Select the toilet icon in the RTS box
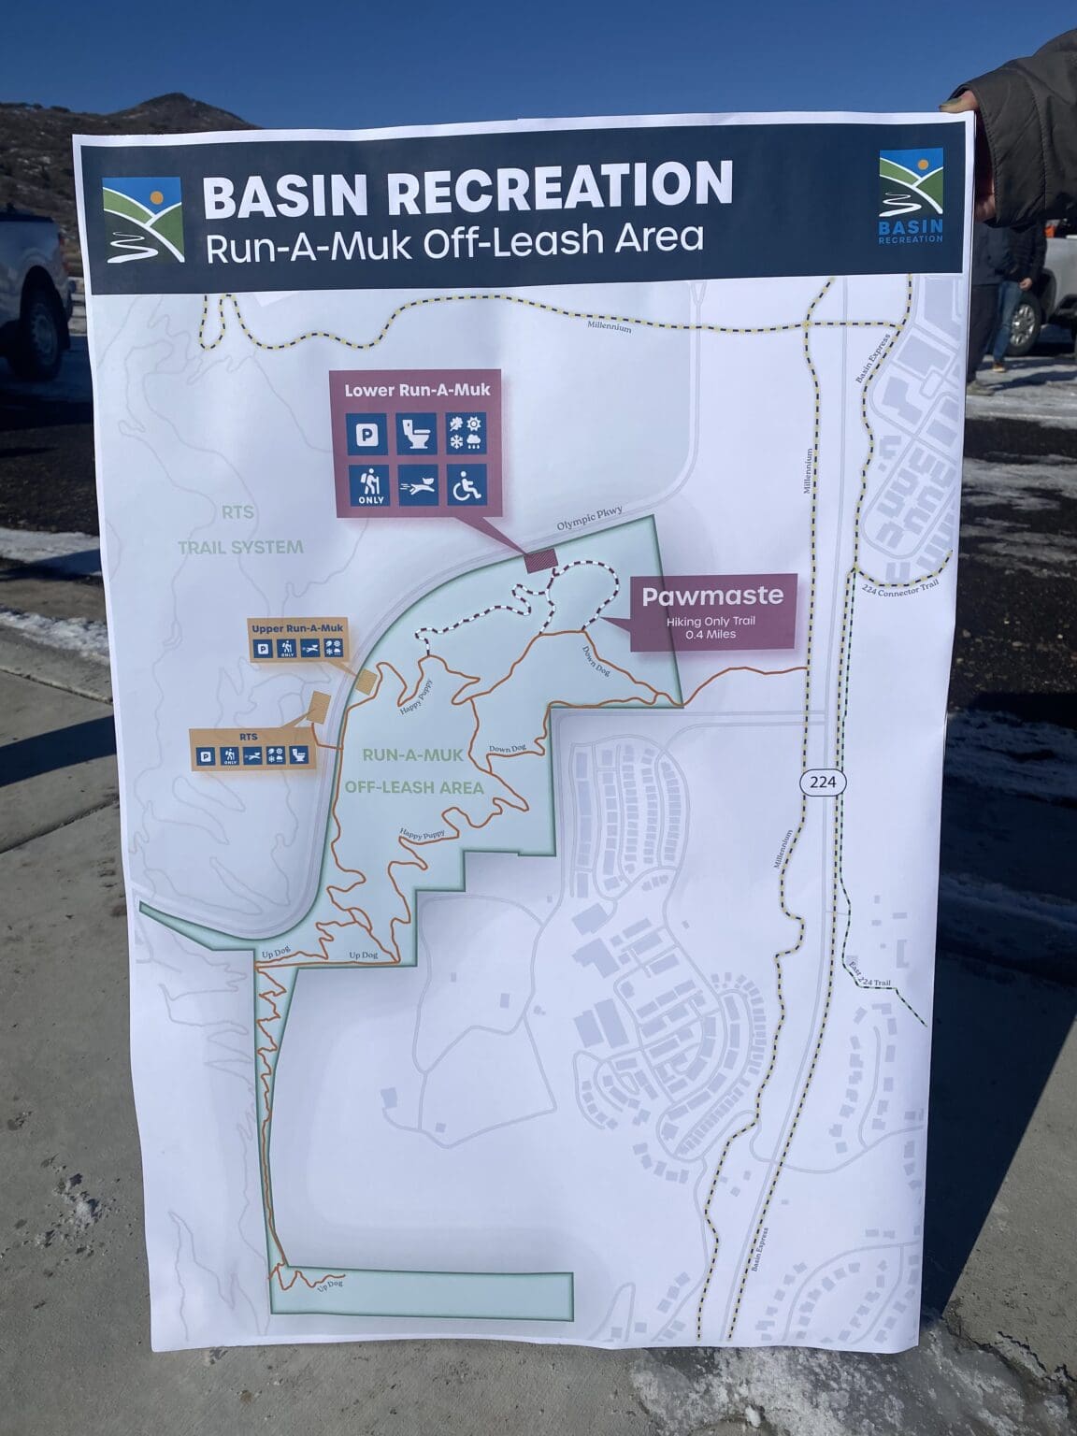(x=297, y=755)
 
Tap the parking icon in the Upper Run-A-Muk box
(x=264, y=647)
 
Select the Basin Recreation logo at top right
(x=911, y=196)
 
